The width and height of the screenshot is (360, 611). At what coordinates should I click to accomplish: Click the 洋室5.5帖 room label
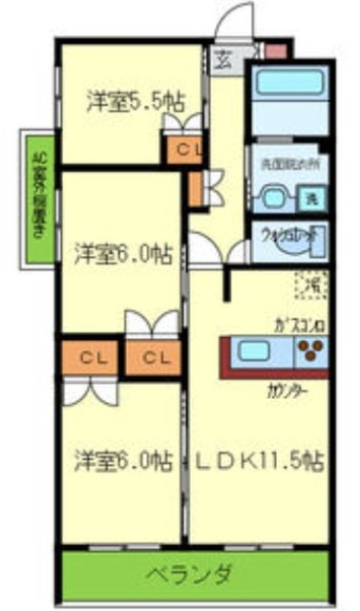[135, 100]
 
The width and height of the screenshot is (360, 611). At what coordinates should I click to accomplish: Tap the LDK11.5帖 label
[259, 459]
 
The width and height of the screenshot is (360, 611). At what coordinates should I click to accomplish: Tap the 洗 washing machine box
[310, 200]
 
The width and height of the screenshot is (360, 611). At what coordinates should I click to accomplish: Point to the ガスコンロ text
[298, 323]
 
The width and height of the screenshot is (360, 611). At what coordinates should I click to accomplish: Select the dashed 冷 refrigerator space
[310, 284]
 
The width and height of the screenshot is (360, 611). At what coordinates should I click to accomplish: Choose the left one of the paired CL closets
[93, 358]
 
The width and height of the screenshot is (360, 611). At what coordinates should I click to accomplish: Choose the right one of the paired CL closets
[153, 358]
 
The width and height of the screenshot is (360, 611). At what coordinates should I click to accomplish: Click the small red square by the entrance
[274, 49]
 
